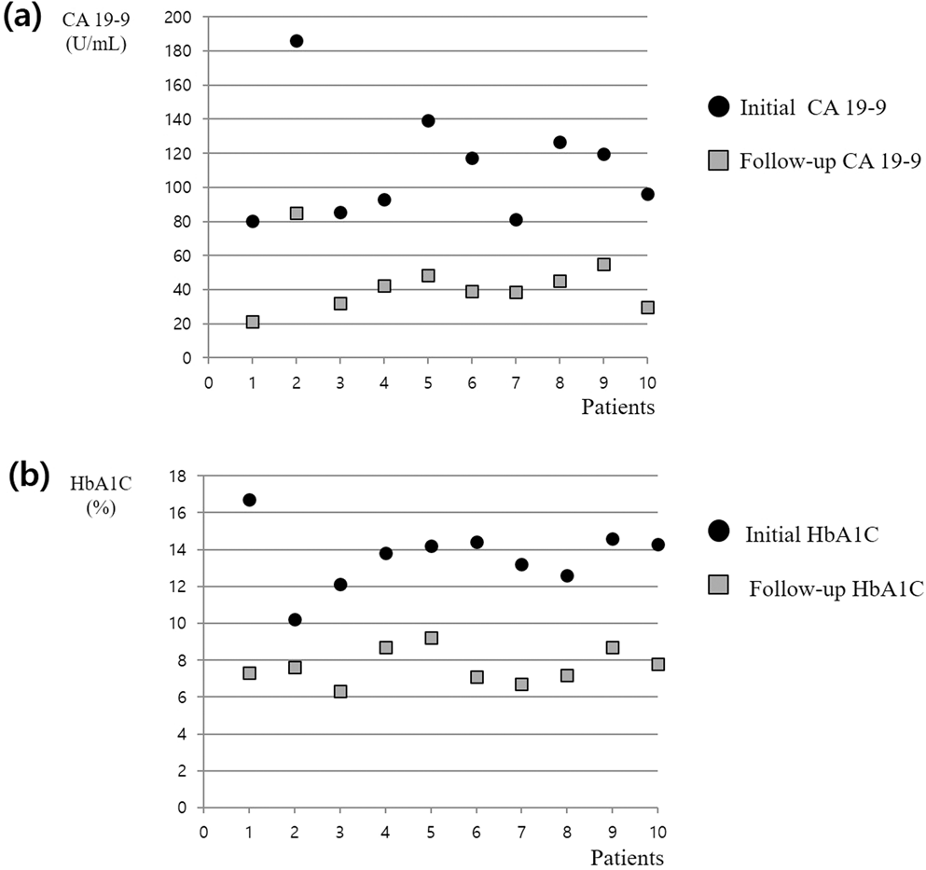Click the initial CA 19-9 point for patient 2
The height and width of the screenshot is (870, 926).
(297, 41)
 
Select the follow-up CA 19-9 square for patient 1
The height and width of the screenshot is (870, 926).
(252, 322)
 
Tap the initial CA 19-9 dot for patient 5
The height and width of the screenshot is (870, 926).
(428, 120)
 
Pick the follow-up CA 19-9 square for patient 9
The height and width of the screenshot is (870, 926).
(603, 264)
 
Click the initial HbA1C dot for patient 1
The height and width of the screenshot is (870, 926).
(249, 500)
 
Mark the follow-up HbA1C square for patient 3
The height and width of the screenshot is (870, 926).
(340, 691)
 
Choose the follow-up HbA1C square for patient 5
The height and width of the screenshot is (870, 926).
(431, 638)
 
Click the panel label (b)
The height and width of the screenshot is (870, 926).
(24, 475)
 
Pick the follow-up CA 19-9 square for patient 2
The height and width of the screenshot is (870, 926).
(297, 213)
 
